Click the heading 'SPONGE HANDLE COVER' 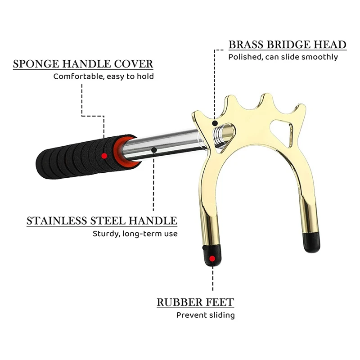(x=83, y=64)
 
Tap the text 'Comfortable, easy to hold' (x=103, y=76)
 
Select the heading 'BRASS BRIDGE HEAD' (x=287, y=45)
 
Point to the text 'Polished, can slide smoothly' (x=283, y=57)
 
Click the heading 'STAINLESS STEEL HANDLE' (x=102, y=221)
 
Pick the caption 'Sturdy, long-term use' (x=135, y=234)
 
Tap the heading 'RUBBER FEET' (x=195, y=302)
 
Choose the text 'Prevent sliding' (x=205, y=315)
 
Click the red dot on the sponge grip (x=104, y=156)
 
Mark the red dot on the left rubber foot (x=212, y=259)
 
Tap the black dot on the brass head (x=216, y=122)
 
